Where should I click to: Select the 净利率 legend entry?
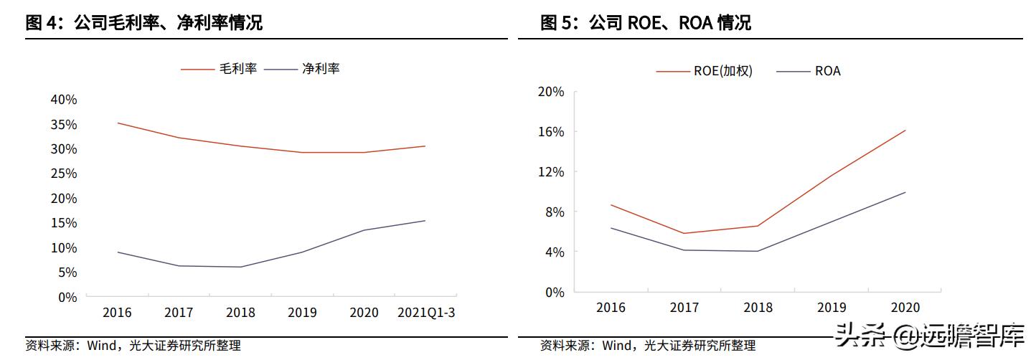(x=301, y=69)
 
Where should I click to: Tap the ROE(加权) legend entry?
(x=705, y=71)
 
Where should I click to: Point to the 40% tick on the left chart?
(x=64, y=100)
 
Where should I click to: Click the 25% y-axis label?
(x=64, y=174)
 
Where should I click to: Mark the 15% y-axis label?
(x=64, y=223)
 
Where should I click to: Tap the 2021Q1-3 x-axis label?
(x=426, y=313)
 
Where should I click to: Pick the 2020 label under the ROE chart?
(x=905, y=308)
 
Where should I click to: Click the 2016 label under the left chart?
(x=117, y=313)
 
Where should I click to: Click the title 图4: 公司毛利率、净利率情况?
(x=143, y=22)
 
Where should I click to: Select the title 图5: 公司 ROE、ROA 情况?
(x=645, y=22)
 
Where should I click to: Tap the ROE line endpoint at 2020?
(x=905, y=130)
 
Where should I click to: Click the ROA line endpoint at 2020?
(x=905, y=192)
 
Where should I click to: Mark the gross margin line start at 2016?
(x=117, y=123)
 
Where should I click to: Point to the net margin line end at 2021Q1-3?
(x=425, y=220)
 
